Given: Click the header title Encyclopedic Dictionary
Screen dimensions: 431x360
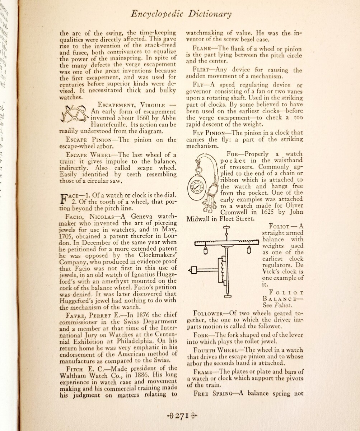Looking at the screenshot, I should [x=181, y=14].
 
